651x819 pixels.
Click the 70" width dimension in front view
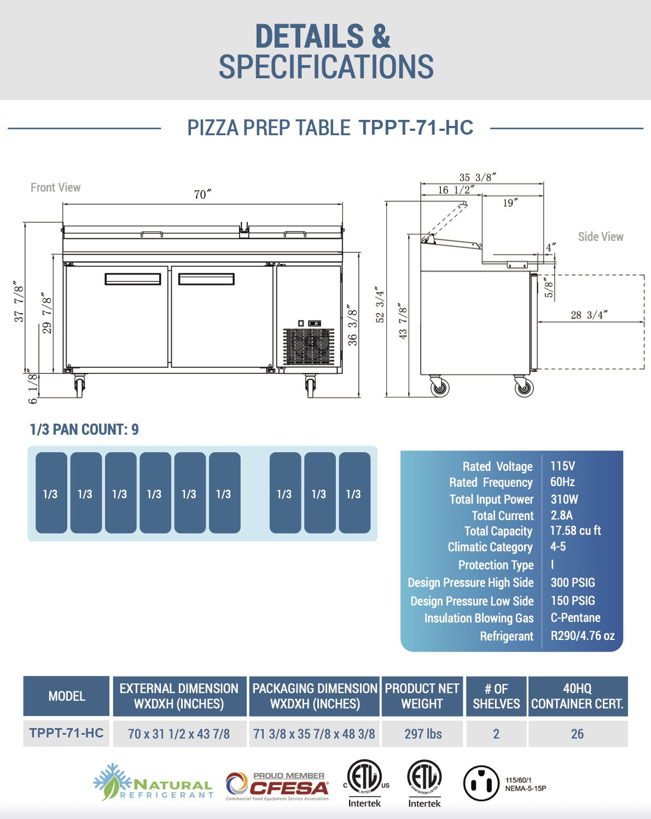[x=202, y=195]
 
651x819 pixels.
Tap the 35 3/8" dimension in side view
[x=477, y=177]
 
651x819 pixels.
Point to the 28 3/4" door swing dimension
[x=589, y=315]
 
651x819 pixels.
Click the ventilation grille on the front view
[x=308, y=347]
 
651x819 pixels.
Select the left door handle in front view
[x=133, y=279]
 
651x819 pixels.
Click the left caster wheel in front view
[x=80, y=386]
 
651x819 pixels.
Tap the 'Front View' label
[x=55, y=188]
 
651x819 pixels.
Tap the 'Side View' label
[x=600, y=237]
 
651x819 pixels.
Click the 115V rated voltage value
[x=562, y=466]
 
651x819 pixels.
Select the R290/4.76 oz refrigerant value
[x=582, y=636]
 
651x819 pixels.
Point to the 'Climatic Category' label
[x=490, y=547]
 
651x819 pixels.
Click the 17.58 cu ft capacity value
[x=575, y=530]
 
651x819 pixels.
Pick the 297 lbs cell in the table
[x=423, y=734]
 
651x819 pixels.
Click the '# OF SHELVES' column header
[x=496, y=696]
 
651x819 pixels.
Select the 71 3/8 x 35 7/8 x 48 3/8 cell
[x=314, y=734]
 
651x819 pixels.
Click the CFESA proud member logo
[x=277, y=786]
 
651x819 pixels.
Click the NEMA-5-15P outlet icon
[x=481, y=783]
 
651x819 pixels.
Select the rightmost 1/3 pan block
[x=354, y=493]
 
